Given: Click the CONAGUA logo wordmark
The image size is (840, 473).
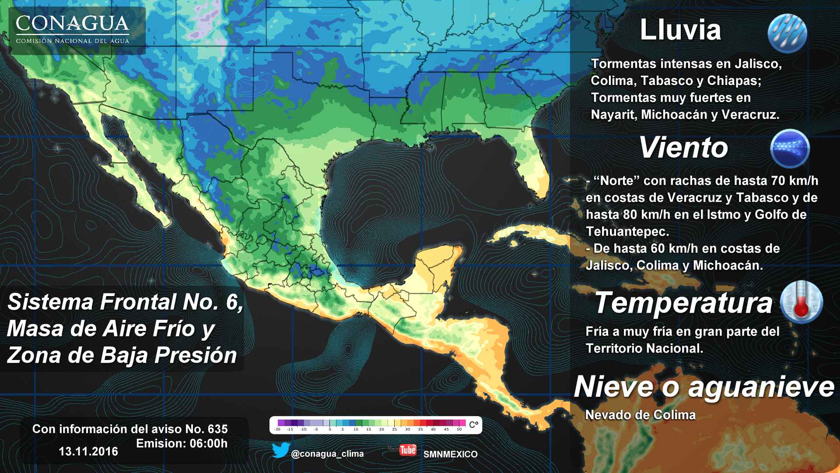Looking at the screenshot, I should tap(73, 25).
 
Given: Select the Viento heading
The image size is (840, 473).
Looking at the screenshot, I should tap(683, 148).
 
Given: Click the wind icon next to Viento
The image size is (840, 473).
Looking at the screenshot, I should tap(790, 149).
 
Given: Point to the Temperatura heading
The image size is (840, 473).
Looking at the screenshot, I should tap(683, 303).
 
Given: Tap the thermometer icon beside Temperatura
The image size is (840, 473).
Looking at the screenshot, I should tap(801, 302).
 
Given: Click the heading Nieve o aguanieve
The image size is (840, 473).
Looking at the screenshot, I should tap(704, 387).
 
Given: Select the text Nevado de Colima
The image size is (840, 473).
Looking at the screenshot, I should tap(640, 415).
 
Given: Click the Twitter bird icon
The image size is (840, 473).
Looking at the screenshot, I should tap(280, 450).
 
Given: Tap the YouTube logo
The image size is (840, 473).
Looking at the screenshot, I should tap(408, 450).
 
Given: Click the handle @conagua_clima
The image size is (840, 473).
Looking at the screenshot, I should tap(327, 454).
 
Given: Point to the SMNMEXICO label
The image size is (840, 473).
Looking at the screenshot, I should tap(450, 454).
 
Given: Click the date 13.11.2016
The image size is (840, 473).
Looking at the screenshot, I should tap(88, 451).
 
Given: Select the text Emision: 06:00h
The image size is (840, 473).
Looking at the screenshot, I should tap(182, 443).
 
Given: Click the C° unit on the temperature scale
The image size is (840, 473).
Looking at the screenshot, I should tap(473, 424).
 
